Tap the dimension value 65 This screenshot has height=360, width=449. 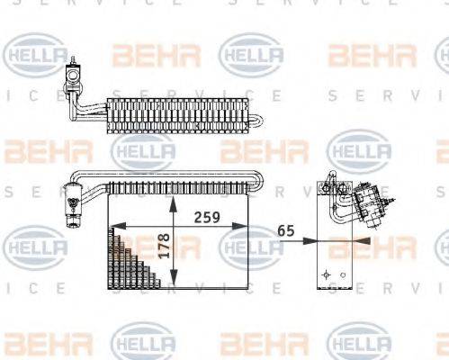coord(287,230)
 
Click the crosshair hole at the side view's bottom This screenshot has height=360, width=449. coord(323,271)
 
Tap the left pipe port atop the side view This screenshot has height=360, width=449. coord(322,188)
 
